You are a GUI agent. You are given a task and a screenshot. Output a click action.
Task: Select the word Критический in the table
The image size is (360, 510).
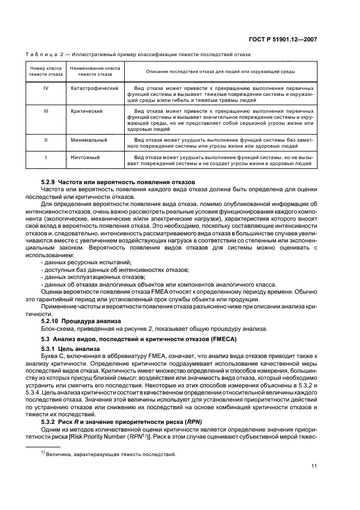pos(87,111)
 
